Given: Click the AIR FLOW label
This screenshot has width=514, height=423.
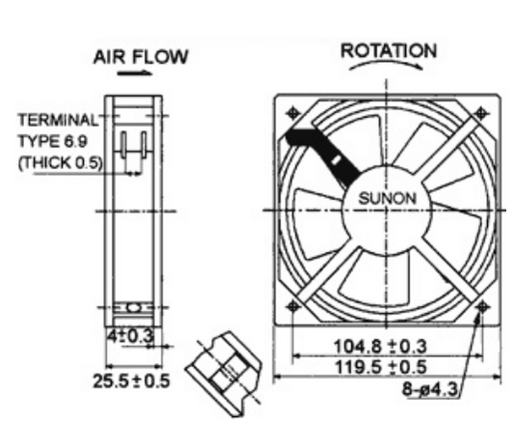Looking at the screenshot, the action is click(x=141, y=57).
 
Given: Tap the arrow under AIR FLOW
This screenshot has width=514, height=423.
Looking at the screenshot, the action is click(x=135, y=72).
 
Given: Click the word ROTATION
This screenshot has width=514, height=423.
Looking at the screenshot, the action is click(x=389, y=51).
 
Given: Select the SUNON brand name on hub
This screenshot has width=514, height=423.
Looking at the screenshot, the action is click(x=387, y=198).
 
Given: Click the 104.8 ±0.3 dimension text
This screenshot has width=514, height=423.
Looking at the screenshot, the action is click(x=380, y=346).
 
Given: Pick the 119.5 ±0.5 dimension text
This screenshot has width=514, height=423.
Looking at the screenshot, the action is click(x=380, y=367).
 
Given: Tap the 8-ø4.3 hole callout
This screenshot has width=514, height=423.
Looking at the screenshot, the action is click(x=429, y=389).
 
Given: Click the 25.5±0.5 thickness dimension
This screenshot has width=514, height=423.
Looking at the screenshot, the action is click(x=132, y=381).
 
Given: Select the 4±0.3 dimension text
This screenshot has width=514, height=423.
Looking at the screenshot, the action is click(x=130, y=336).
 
